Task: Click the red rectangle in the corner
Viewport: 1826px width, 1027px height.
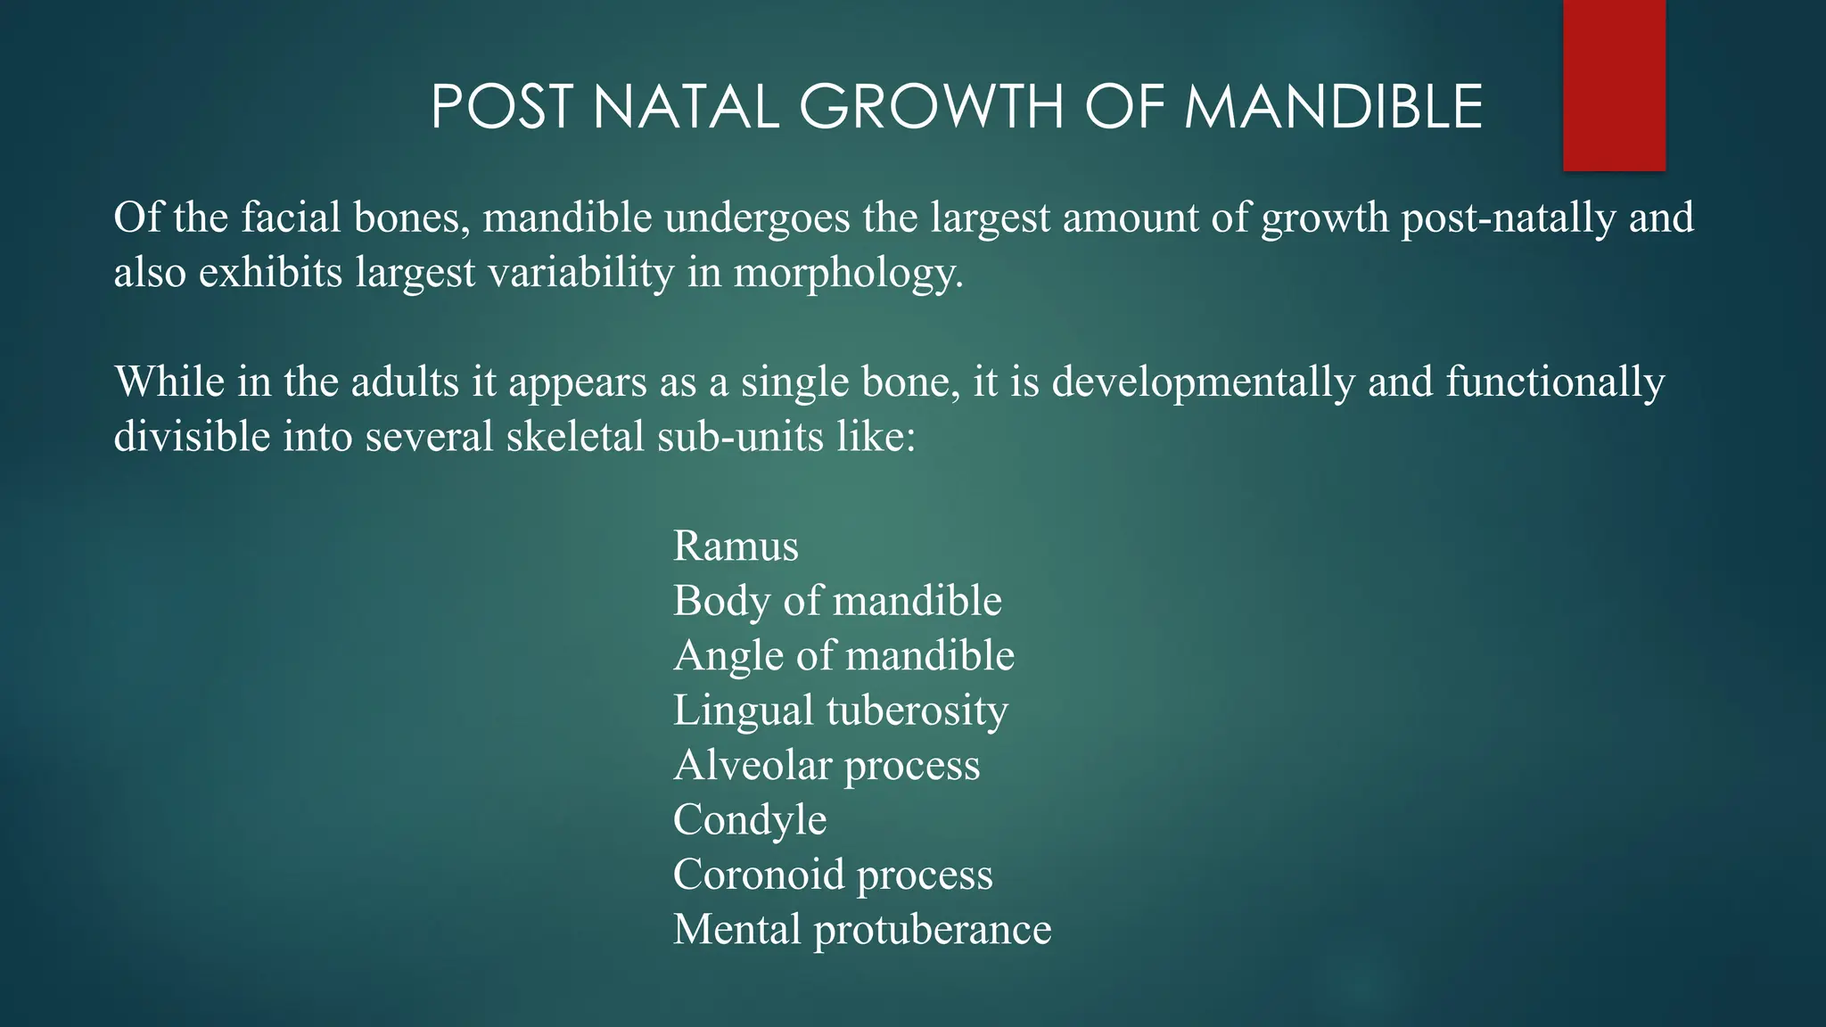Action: point(1614,85)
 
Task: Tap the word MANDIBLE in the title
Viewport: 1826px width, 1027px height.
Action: point(1333,107)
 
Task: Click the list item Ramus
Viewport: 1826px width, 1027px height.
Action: point(736,546)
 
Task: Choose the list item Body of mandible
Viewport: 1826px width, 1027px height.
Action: point(837,600)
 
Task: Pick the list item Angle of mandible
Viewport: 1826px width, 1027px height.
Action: point(843,655)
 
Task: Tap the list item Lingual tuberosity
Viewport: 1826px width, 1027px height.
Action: point(840,711)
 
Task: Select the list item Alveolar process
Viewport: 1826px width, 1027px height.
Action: point(827,765)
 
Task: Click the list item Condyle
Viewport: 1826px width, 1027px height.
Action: point(750,820)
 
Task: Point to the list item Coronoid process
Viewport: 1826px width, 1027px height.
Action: point(833,875)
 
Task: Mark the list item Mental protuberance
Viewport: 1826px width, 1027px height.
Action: point(862,930)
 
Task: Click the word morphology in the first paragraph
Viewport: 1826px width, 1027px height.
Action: point(848,273)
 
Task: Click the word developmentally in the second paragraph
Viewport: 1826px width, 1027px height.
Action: point(1203,382)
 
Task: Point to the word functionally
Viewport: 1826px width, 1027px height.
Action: point(1554,382)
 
